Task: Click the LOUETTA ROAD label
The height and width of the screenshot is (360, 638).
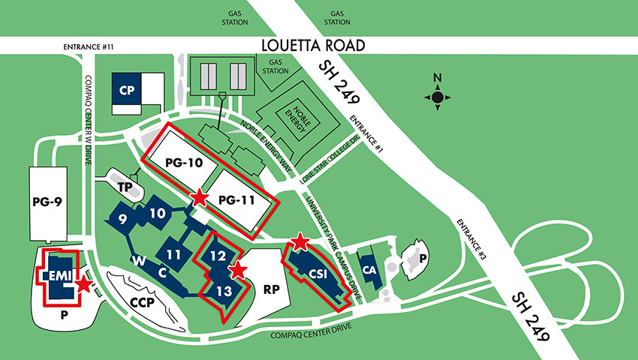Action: coord(313,46)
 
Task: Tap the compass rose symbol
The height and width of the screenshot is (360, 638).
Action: coord(438,96)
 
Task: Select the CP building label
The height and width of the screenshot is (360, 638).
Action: coord(126,90)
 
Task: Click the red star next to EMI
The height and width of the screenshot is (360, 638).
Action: coord(84,284)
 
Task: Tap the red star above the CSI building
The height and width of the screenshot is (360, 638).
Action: coord(299,241)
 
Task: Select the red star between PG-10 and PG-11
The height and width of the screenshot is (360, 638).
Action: coord(200,198)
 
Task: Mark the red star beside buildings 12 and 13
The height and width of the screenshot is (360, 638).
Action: coord(238,271)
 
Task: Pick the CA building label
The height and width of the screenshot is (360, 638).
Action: coord(369,269)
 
